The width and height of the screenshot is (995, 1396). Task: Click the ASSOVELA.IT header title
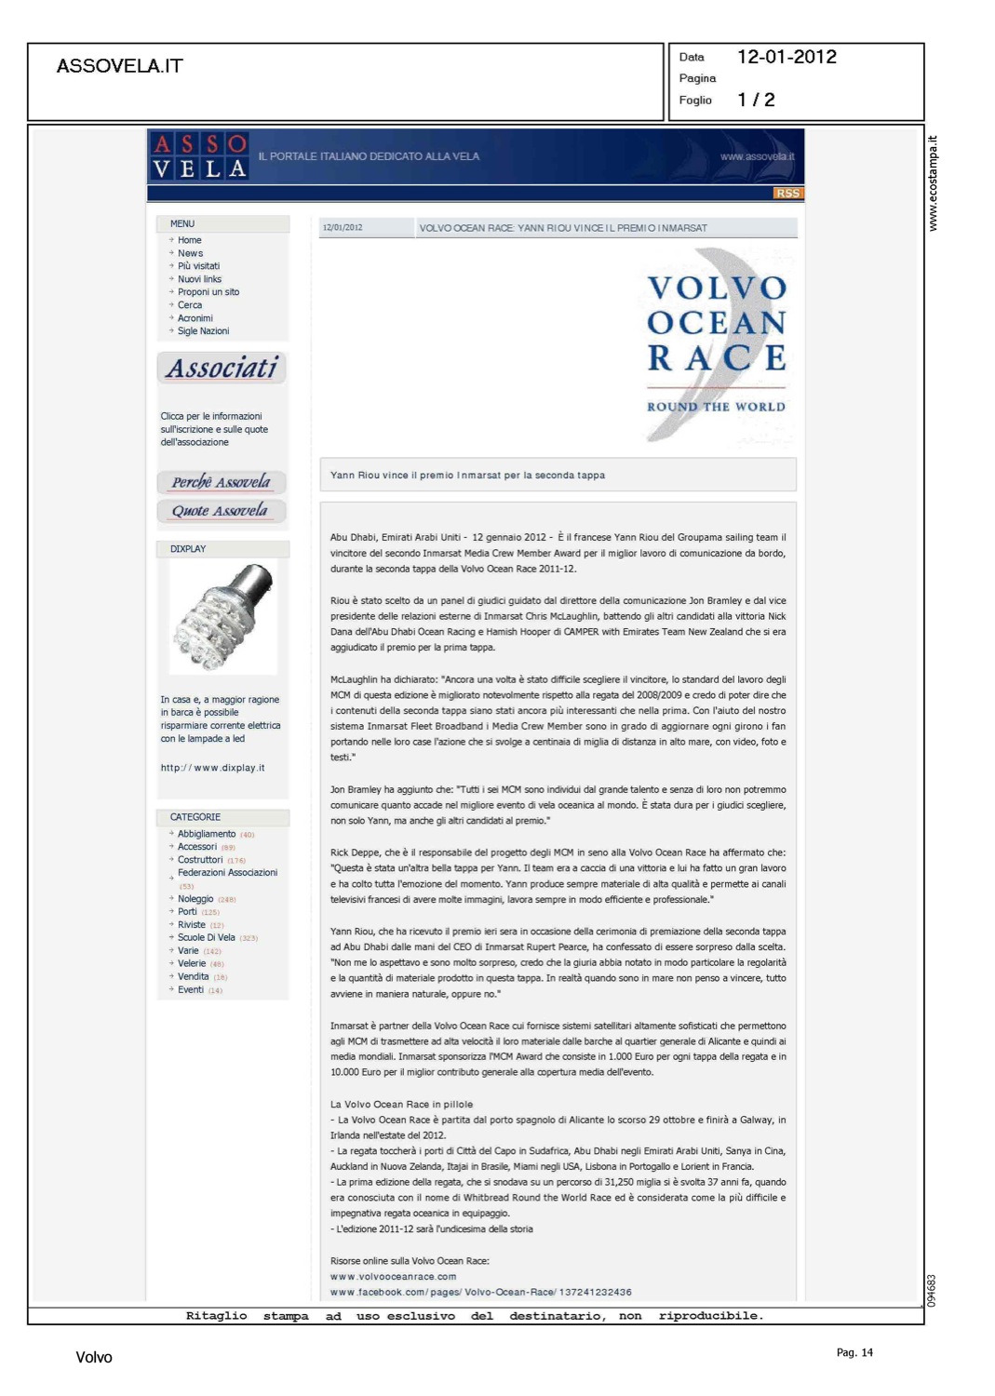click(119, 66)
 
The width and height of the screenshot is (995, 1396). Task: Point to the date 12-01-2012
click(787, 57)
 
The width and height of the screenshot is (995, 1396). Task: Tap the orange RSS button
click(787, 193)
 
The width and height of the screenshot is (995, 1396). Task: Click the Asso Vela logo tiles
click(200, 156)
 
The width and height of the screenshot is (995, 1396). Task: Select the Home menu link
click(190, 240)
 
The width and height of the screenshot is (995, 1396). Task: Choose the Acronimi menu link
click(195, 318)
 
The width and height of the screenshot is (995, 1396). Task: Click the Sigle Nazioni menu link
click(203, 331)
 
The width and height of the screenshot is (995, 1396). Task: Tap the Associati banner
click(222, 369)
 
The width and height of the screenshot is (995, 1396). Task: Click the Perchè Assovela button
click(222, 482)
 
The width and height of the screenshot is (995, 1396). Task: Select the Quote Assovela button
click(221, 511)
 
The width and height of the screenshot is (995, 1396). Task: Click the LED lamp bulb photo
click(223, 617)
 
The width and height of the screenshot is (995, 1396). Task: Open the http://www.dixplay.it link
click(212, 768)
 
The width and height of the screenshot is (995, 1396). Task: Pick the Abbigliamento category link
click(207, 834)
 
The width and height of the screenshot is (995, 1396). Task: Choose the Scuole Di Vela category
click(207, 937)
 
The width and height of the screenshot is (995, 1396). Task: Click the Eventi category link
click(191, 989)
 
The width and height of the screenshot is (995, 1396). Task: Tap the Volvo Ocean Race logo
click(716, 344)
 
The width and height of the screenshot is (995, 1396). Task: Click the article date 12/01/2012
click(343, 228)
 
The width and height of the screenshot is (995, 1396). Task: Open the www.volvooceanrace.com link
click(393, 1277)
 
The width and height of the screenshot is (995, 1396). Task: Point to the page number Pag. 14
click(854, 1352)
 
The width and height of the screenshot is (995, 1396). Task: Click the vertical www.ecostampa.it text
click(933, 183)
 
